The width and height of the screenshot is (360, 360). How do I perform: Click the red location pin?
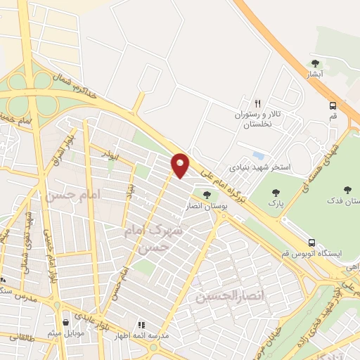(x=180, y=165)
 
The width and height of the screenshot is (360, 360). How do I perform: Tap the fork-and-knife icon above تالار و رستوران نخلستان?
(x=258, y=102)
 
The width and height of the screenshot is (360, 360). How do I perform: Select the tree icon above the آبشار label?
(x=315, y=63)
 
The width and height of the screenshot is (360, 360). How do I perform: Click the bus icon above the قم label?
(x=333, y=105)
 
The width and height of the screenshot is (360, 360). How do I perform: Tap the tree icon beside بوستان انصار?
(x=207, y=195)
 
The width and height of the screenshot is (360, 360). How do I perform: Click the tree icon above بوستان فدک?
(x=347, y=189)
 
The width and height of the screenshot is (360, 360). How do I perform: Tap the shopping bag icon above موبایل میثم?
(x=66, y=323)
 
